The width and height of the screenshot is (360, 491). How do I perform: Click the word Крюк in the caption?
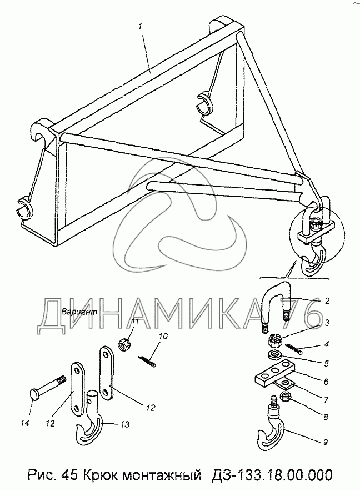(119, 475)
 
